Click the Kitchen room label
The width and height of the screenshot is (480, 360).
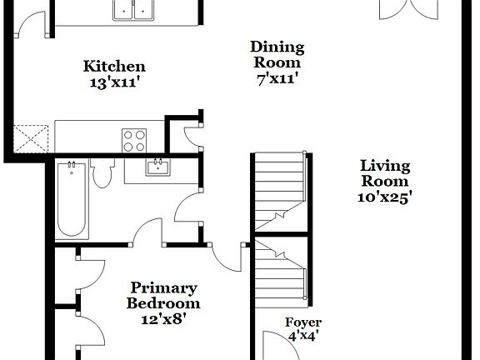click(x=114, y=67)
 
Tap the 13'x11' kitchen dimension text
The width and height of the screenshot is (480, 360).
click(x=114, y=82)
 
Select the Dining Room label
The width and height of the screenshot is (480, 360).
click(x=277, y=55)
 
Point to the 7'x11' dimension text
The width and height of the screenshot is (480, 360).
click(x=277, y=79)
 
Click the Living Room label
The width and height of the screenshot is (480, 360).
click(x=384, y=173)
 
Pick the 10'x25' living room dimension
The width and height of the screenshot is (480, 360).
click(x=384, y=197)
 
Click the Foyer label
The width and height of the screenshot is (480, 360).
click(x=303, y=322)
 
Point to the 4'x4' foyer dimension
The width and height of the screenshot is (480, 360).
click(x=303, y=337)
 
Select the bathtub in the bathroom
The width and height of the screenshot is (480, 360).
click(x=71, y=200)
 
